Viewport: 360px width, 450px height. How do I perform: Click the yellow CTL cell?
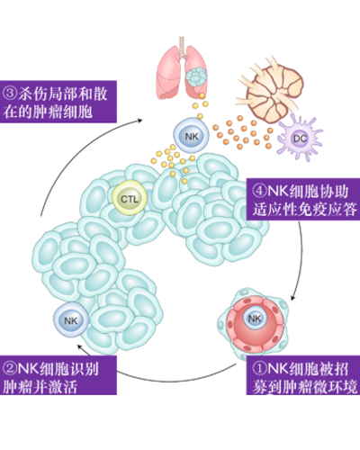[x=130, y=198]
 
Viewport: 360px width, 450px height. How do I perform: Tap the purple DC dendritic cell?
[x=300, y=139]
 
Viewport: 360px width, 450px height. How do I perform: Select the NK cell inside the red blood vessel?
[x=255, y=318]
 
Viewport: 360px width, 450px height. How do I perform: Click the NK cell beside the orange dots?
[x=192, y=137]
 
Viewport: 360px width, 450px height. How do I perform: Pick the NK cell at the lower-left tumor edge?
[x=71, y=320]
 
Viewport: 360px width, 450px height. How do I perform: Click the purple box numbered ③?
[x=58, y=102]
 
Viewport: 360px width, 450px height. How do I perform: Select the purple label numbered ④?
[x=303, y=200]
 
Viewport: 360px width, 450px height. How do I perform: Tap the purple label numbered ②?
[x=58, y=375]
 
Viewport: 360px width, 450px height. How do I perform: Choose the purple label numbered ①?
[x=303, y=375]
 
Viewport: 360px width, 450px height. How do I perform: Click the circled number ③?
[x=10, y=94]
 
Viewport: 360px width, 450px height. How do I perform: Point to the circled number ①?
[x=259, y=368]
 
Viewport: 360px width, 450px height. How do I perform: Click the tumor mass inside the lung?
[x=196, y=76]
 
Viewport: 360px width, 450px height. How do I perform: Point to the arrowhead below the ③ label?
[x=139, y=121]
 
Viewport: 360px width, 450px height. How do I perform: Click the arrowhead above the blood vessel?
[x=293, y=298]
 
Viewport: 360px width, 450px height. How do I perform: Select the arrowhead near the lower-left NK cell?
[x=80, y=347]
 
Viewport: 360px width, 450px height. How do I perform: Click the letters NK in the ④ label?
[x=275, y=191]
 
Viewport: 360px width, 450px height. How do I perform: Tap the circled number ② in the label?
[x=10, y=368]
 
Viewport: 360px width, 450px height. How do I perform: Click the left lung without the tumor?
[x=168, y=74]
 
